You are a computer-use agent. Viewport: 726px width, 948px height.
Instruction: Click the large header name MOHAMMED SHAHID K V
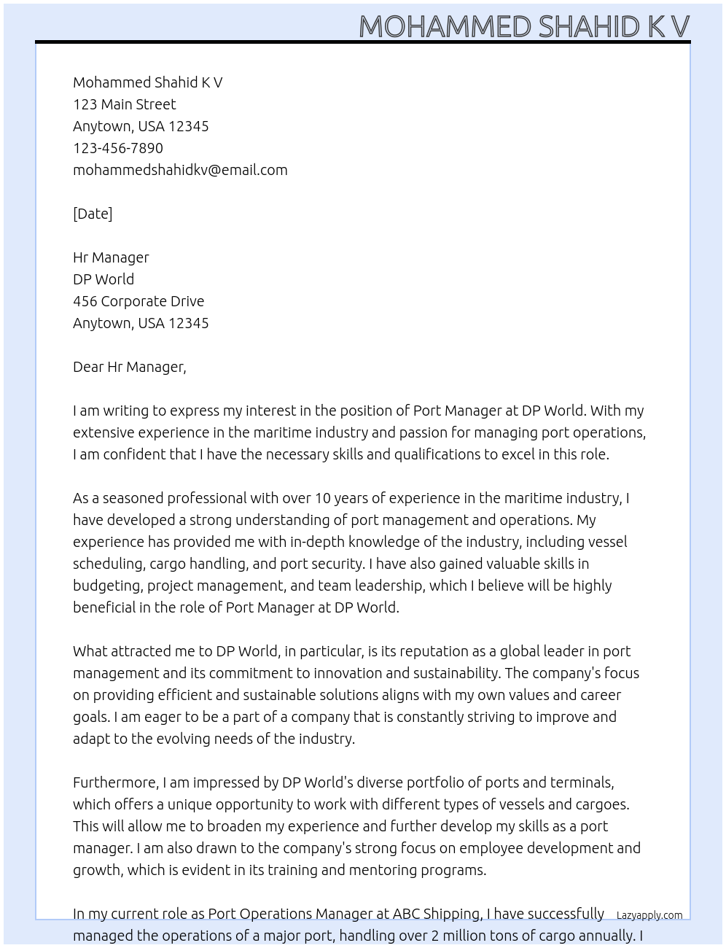[x=524, y=26]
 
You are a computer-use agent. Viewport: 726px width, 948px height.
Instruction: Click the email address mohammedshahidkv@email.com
[x=180, y=170]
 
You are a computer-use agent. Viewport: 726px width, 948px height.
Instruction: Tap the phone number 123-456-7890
[x=118, y=148]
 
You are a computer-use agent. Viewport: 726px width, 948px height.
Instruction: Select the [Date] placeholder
[x=93, y=214]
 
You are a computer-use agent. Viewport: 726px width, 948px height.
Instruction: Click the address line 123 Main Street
[x=125, y=104]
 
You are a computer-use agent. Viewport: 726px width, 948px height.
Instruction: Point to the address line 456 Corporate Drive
[x=138, y=301]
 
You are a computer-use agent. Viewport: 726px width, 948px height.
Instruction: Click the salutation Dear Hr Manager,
[x=130, y=367]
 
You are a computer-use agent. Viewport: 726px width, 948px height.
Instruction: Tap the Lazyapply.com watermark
[x=649, y=915]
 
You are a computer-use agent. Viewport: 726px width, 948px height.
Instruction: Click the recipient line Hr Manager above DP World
[x=111, y=257]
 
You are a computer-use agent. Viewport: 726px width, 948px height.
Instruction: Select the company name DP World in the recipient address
[x=104, y=279]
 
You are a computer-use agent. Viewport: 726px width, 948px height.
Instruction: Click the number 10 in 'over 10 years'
[x=323, y=498]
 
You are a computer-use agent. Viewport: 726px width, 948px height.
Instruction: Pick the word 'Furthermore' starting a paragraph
[x=114, y=782]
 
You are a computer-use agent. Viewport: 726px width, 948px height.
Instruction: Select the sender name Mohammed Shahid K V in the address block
[x=148, y=82]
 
